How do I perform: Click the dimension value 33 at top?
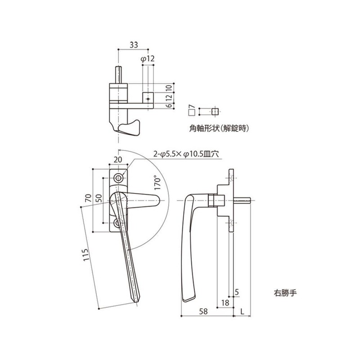(x=134, y=45)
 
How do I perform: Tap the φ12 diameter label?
(x=148, y=58)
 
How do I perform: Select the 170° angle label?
(x=157, y=184)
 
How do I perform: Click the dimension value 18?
(x=225, y=304)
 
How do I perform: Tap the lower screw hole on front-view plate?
(x=119, y=223)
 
